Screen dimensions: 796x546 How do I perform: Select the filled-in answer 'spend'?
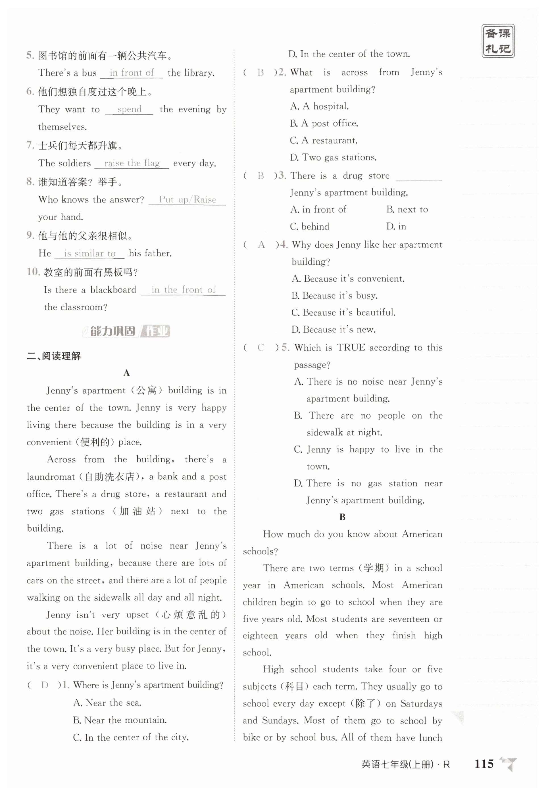pos(129,109)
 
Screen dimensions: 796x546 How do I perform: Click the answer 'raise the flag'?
pos(132,163)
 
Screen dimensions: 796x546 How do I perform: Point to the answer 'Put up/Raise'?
pos(187,199)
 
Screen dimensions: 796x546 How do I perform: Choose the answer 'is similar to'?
pos(90,254)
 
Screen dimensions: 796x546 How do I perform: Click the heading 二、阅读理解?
pos(54,356)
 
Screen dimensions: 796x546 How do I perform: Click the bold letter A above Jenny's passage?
pos(126,373)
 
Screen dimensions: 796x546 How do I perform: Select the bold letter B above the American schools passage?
pos(342,517)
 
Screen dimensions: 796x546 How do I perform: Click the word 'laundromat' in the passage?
pos(51,477)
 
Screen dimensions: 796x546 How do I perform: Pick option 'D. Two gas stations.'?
pos(333,158)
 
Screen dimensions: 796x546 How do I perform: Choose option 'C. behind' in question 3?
pos(309,226)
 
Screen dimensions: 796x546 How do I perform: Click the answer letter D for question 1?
pos(45,685)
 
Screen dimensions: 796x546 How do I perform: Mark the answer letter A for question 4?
pos(261,245)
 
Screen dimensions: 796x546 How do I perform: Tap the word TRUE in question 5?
pos(351,348)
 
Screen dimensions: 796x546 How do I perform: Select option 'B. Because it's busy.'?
pos(334,296)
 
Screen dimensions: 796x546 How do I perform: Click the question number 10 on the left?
pos(34,272)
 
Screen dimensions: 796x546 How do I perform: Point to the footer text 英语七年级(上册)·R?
pos(405,764)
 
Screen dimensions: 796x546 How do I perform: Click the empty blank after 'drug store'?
pos(418,176)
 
